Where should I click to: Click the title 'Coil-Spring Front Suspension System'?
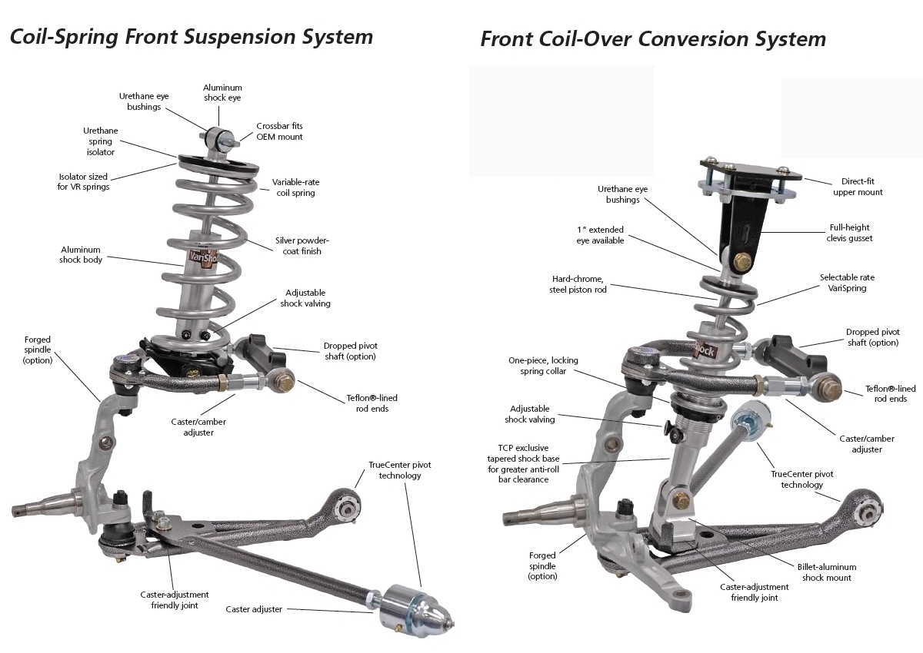click(191, 36)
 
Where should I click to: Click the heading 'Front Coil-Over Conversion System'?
click(653, 38)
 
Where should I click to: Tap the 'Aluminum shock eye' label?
click(223, 93)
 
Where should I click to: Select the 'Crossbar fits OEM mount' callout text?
click(279, 131)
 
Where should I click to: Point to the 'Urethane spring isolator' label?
click(99, 141)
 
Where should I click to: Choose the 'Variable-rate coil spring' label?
click(295, 187)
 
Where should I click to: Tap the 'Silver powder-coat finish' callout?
click(302, 246)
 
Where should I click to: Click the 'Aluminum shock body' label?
click(81, 254)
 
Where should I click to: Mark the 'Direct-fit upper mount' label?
click(858, 187)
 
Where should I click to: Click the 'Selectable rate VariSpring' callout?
click(847, 283)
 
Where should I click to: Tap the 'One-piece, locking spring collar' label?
click(543, 366)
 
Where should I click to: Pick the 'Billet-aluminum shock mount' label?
click(827, 572)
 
